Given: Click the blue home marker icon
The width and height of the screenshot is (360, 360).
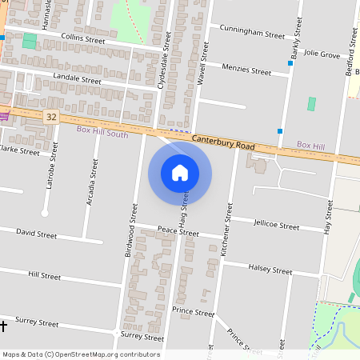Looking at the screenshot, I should coord(180,173).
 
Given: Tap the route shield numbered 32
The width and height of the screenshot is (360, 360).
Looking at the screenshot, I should coord(51,117).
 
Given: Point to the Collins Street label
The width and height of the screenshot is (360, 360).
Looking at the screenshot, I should coord(78,38).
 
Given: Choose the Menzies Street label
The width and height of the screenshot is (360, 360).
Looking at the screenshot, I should coord(247,70).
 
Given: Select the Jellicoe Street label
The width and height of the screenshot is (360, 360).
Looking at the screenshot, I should coord(275,226).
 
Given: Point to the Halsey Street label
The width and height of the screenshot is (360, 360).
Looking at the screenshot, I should coord(270,269).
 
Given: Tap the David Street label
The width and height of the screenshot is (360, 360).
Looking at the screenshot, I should coord(37,235).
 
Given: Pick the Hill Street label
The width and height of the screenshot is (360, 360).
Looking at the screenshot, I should coord(44,276).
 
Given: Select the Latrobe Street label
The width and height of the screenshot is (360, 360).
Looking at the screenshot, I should coord(52,166).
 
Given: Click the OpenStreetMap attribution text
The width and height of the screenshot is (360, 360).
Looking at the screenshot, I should coord(81,354).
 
